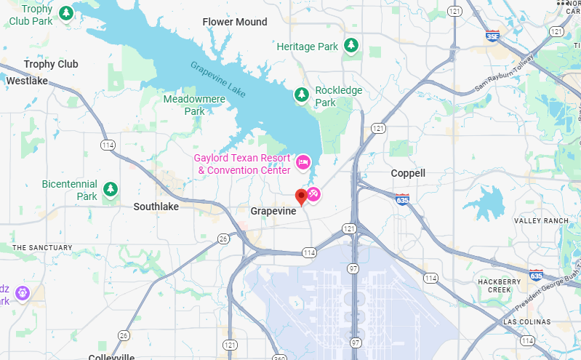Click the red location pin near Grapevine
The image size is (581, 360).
click(301, 196)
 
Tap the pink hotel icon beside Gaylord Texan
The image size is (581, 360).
click(302, 160)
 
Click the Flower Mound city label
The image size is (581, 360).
click(235, 22)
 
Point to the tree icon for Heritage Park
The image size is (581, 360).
click(351, 46)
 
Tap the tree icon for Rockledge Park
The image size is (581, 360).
click(301, 95)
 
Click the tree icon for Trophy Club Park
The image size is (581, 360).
click(66, 13)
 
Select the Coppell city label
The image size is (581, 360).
click(408, 173)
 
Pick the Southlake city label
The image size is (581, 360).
click(156, 207)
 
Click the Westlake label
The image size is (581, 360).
click(27, 81)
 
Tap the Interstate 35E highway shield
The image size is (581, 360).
click(493, 34)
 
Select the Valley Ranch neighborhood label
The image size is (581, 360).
click(541, 220)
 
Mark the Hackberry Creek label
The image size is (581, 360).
click(500, 285)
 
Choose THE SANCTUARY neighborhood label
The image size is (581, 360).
click(42, 247)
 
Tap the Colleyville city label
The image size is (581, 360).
click(111, 357)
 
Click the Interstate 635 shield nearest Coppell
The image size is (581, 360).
click(402, 199)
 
